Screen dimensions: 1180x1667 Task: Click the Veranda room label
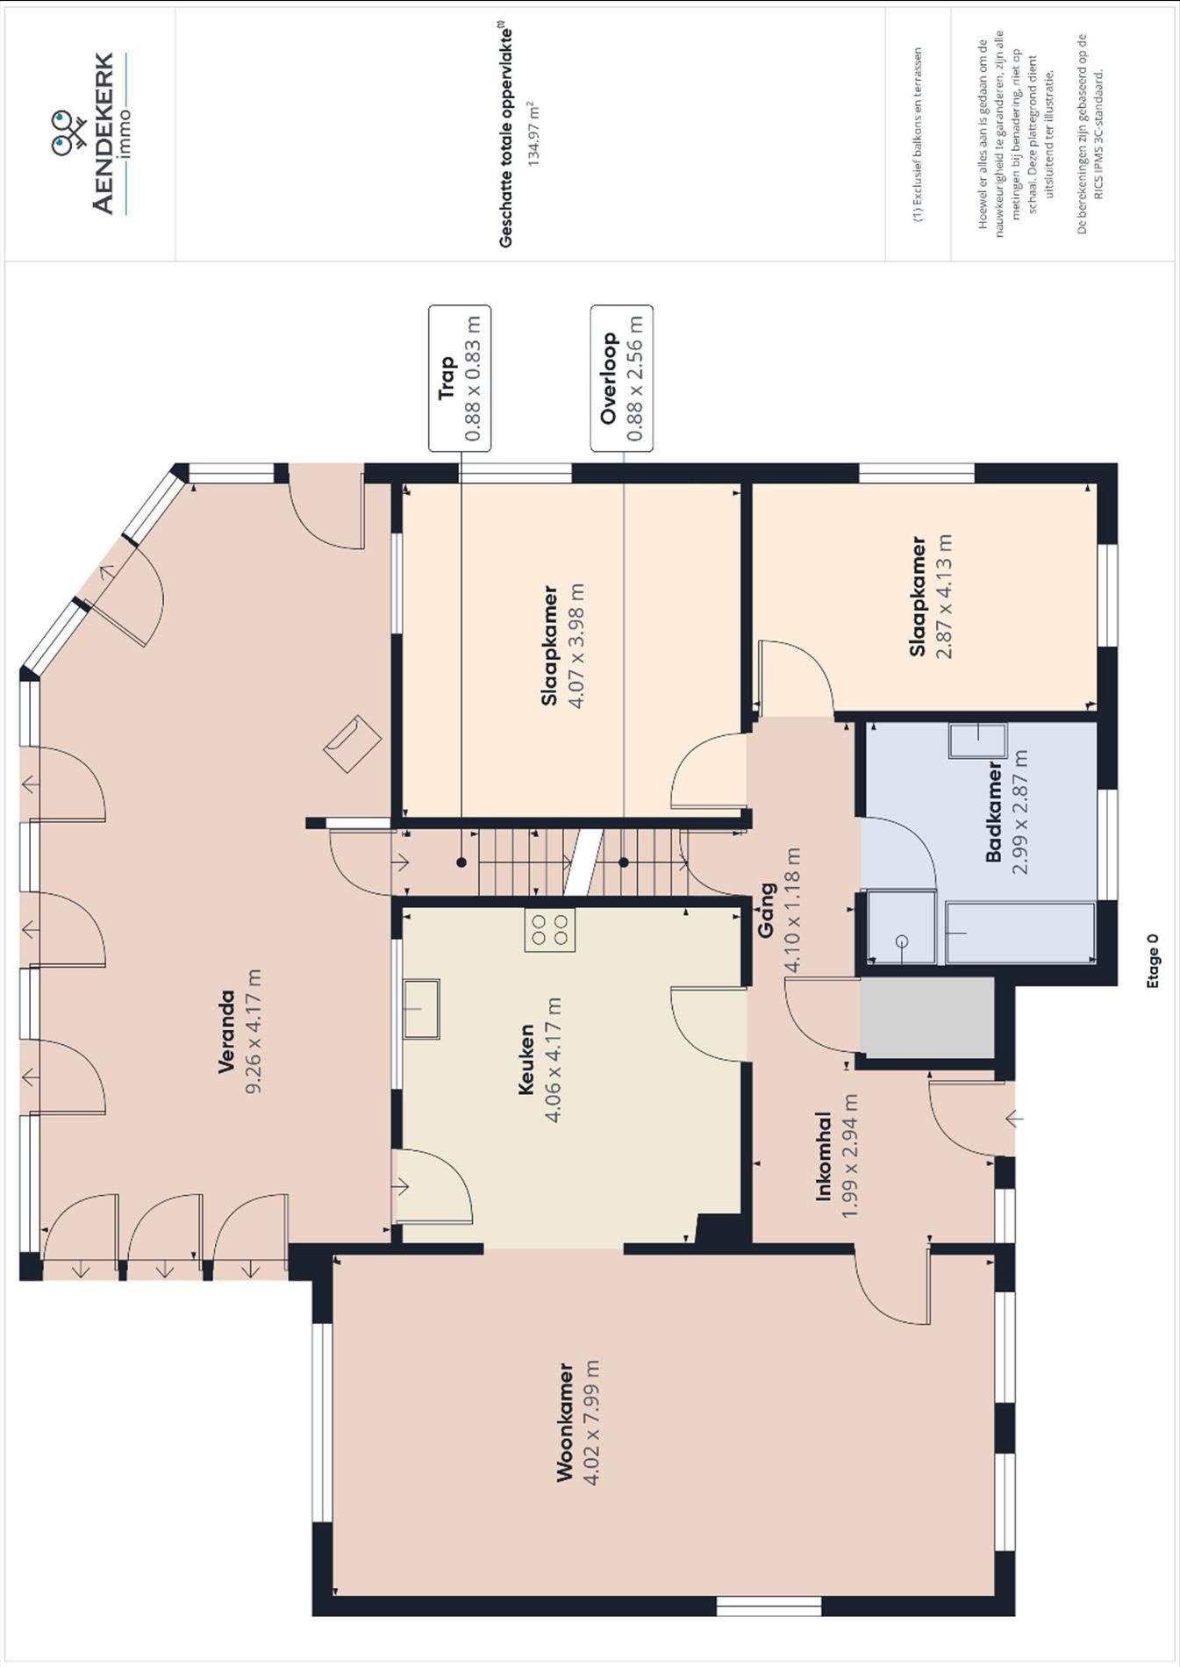click(227, 1031)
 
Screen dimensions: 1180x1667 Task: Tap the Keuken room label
click(526, 1059)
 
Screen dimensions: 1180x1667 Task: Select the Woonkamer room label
click(566, 1422)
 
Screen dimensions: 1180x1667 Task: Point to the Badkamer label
click(994, 812)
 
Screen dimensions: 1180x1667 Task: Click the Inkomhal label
click(823, 1155)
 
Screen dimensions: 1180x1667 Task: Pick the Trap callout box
click(460, 378)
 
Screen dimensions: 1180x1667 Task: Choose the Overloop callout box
click(621, 378)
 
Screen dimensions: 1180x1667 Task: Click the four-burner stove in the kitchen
click(550, 930)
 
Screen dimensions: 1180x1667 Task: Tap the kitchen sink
click(422, 1009)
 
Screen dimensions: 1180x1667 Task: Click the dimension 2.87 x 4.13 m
click(944, 596)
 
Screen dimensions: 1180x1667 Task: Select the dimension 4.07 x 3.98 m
click(576, 645)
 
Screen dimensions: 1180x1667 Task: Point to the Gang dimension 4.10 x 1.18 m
click(792, 910)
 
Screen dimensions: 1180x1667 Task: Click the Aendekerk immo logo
click(89, 133)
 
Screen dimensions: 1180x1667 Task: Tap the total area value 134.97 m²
click(532, 133)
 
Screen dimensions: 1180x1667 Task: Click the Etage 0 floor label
click(1153, 961)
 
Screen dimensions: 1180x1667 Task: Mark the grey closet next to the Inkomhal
click(926, 1018)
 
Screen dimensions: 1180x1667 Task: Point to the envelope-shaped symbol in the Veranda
click(353, 743)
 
